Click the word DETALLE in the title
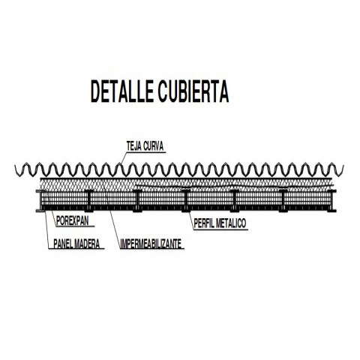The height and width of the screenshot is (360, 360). [x=121, y=91]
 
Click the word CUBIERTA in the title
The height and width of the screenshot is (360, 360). [x=193, y=91]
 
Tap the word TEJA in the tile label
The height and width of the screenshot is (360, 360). [x=133, y=146]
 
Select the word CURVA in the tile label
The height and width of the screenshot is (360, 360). [x=154, y=146]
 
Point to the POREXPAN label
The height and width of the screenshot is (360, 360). [x=73, y=220]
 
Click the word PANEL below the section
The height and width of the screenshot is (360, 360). [x=64, y=244]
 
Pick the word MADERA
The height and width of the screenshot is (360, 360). [x=88, y=244]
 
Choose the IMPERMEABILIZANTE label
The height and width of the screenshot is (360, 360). [x=151, y=244]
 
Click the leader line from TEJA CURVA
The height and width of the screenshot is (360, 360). [x=123, y=159]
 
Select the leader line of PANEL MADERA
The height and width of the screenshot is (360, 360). [x=46, y=230]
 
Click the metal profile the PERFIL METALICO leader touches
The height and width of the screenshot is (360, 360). [x=186, y=200]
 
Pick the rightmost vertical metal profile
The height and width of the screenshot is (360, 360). [x=331, y=200]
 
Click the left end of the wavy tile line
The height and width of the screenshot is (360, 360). [x=16, y=166]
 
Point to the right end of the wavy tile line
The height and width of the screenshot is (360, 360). [x=343, y=166]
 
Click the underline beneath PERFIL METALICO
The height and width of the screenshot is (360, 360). [x=220, y=229]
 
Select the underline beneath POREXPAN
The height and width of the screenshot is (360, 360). [x=75, y=226]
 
